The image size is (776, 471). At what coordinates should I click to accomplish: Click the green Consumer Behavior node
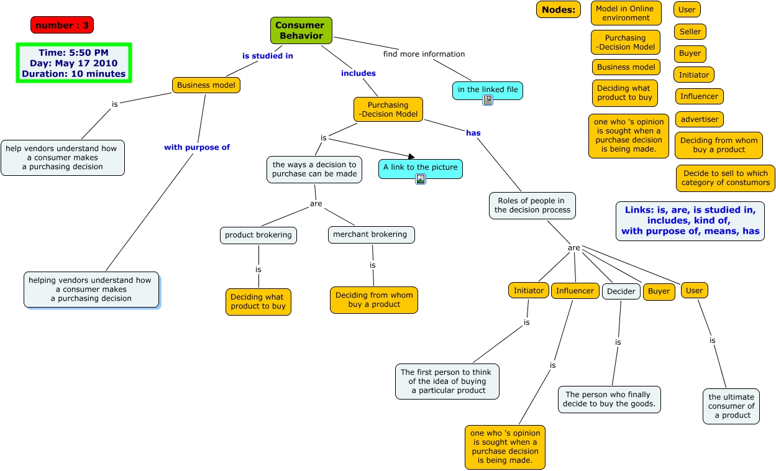click(x=301, y=30)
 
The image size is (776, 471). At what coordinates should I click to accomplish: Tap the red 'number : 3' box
click(x=62, y=25)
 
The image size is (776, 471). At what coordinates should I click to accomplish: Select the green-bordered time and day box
click(x=74, y=63)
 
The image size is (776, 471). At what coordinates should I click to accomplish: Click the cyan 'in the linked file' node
click(x=487, y=89)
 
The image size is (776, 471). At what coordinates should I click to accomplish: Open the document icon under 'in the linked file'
click(x=488, y=99)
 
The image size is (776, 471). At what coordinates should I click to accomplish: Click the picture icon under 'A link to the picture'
click(x=421, y=179)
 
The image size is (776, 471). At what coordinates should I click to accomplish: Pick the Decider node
click(x=621, y=291)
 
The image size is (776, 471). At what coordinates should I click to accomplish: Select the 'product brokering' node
click(x=258, y=235)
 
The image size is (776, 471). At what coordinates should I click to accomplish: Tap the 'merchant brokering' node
click(x=370, y=234)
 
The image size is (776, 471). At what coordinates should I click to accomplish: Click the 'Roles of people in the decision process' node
click(x=532, y=205)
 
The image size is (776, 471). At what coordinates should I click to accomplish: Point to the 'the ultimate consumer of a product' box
click(x=731, y=406)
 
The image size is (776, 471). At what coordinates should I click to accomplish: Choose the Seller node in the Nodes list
click(x=690, y=32)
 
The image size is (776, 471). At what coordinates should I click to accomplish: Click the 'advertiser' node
click(x=699, y=119)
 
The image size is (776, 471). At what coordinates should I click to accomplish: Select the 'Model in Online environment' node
click(x=624, y=13)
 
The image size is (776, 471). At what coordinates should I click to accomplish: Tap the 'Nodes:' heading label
click(x=558, y=9)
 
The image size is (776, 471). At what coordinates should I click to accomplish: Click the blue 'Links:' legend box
click(x=690, y=221)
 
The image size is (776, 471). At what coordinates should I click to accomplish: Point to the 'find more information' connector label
click(x=424, y=54)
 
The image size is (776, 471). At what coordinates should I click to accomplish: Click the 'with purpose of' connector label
click(x=197, y=147)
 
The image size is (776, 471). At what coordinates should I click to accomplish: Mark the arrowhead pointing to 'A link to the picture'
click(x=411, y=157)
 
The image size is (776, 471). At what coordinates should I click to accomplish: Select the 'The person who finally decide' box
click(x=609, y=399)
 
